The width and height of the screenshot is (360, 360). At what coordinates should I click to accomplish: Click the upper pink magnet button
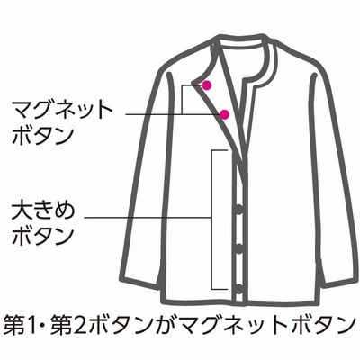[206, 85]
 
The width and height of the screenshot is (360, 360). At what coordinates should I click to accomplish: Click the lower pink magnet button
[224, 114]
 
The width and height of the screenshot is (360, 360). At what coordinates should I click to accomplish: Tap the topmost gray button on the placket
[239, 210]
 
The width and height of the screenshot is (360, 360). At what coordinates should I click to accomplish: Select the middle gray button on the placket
[239, 249]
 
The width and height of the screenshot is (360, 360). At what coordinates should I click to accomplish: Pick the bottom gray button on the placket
[239, 289]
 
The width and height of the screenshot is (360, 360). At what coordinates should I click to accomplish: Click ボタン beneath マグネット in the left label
[43, 136]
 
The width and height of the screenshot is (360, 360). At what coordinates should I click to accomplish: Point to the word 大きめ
[43, 211]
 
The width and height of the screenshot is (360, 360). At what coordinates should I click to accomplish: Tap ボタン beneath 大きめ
[43, 236]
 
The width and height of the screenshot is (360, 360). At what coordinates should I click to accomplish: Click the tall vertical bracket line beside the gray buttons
[212, 220]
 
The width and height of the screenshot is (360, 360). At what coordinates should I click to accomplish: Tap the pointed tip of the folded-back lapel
[192, 83]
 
